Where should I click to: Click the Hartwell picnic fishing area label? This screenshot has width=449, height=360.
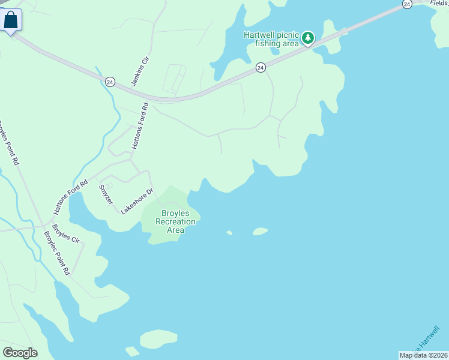tap(271, 39)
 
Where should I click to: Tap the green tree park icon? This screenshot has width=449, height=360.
tap(308, 38)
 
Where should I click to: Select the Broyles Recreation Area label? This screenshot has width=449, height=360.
tap(175, 221)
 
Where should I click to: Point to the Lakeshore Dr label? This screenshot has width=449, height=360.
tap(137, 201)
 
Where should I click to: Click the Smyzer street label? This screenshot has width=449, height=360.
tap(106, 194)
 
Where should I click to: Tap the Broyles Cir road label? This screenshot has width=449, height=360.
tap(65, 233)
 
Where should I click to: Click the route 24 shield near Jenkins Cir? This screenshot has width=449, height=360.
tap(110, 82)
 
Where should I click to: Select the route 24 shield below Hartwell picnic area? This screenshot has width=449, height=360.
tap(261, 68)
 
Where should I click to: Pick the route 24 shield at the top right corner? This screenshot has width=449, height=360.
tap(407, 4)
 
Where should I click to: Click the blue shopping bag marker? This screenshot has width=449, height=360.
tap(11, 20)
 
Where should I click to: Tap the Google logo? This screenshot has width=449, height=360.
tap(20, 353)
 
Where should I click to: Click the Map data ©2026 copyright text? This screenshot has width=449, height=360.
tap(423, 355)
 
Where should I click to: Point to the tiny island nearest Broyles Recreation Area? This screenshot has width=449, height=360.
tap(229, 233)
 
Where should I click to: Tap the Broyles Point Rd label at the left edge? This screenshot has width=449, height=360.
tap(9, 144)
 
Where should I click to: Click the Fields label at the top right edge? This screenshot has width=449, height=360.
tap(440, 3)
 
